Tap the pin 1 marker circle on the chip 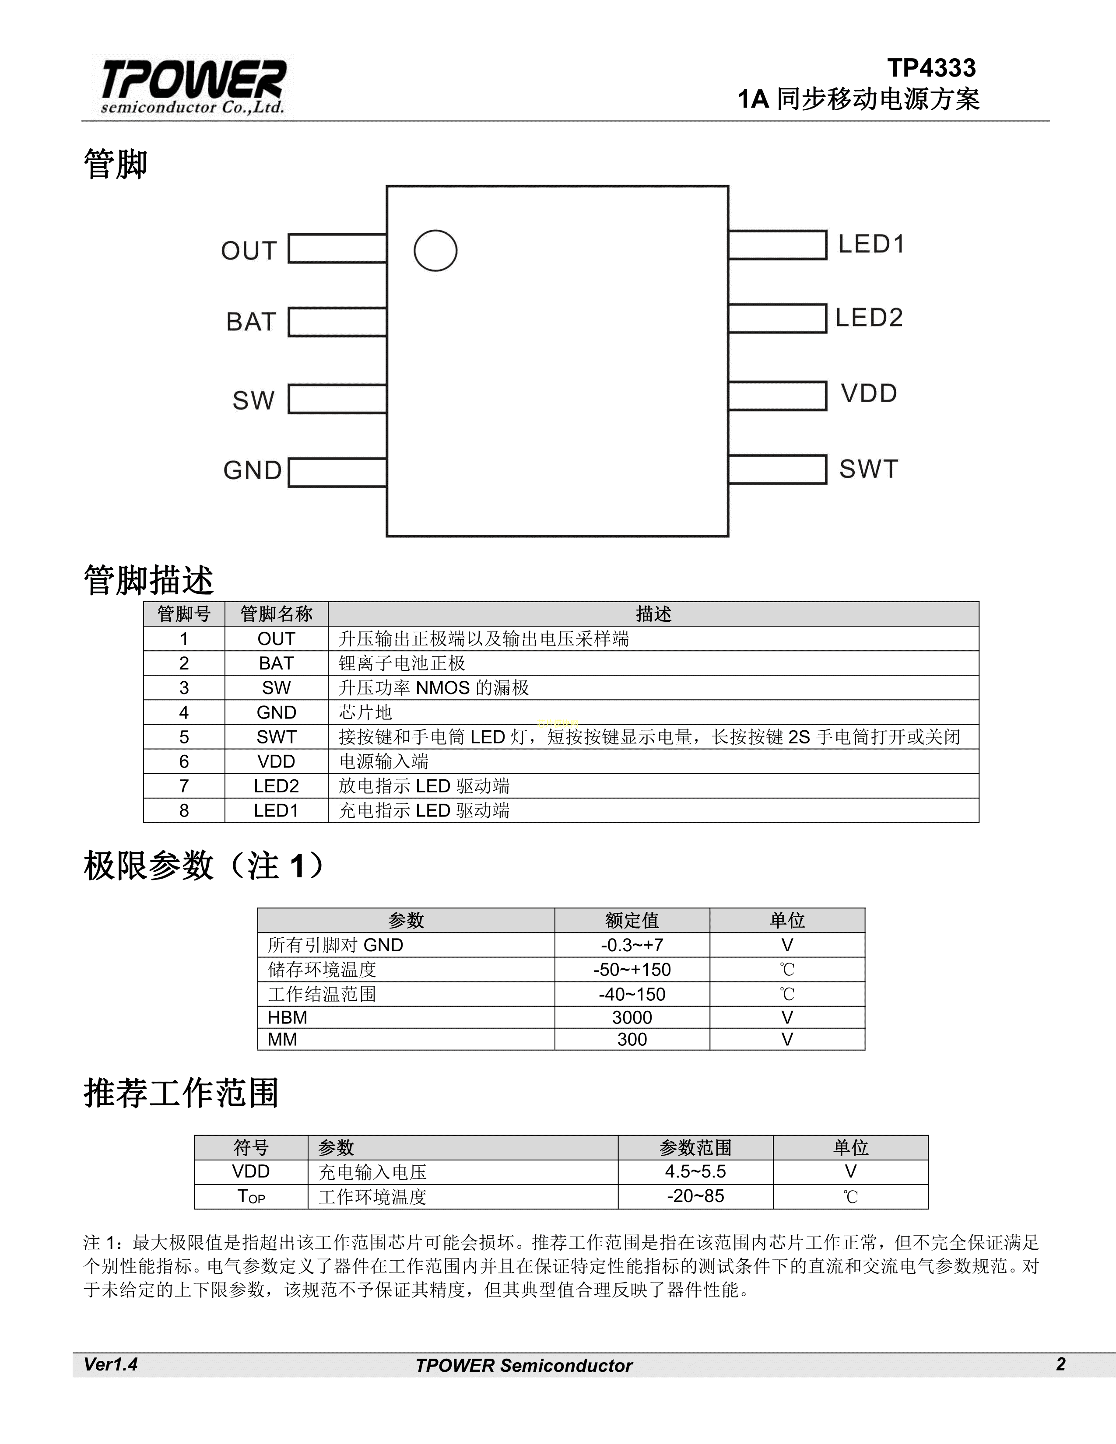click(x=435, y=251)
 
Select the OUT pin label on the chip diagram click(x=249, y=251)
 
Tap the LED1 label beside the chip click(x=871, y=245)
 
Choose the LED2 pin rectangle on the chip click(x=778, y=318)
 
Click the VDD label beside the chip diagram click(x=869, y=393)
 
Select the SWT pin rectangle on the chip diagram click(x=778, y=470)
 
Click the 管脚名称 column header click(x=276, y=614)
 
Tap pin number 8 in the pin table click(x=184, y=810)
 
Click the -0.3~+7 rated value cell click(x=632, y=945)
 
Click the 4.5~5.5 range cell click(x=695, y=1171)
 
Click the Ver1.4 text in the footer click(x=110, y=1365)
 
